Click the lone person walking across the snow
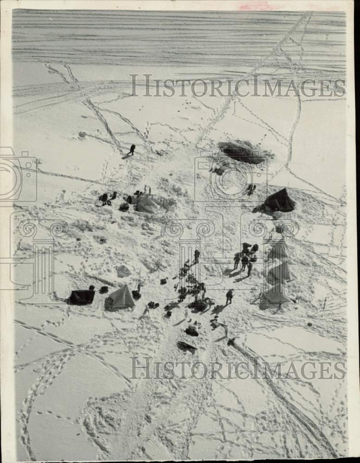pyautogui.click(x=132, y=150)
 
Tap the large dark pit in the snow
pyautogui.click(x=242, y=152)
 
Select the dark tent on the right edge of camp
pyautogui.click(x=279, y=201)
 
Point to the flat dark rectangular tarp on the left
pyautogui.click(x=81, y=297)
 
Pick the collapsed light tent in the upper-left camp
pyautogui.click(x=146, y=204)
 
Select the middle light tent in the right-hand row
pyautogui.click(x=281, y=272)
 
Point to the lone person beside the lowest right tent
pyautogui.click(x=229, y=296)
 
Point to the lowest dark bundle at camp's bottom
pyautogui.click(x=186, y=346)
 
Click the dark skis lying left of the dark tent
pyautogui.click(x=251, y=189)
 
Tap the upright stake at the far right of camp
pyautogui.click(x=325, y=303)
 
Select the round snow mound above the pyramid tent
pyautogui.click(x=123, y=271)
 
